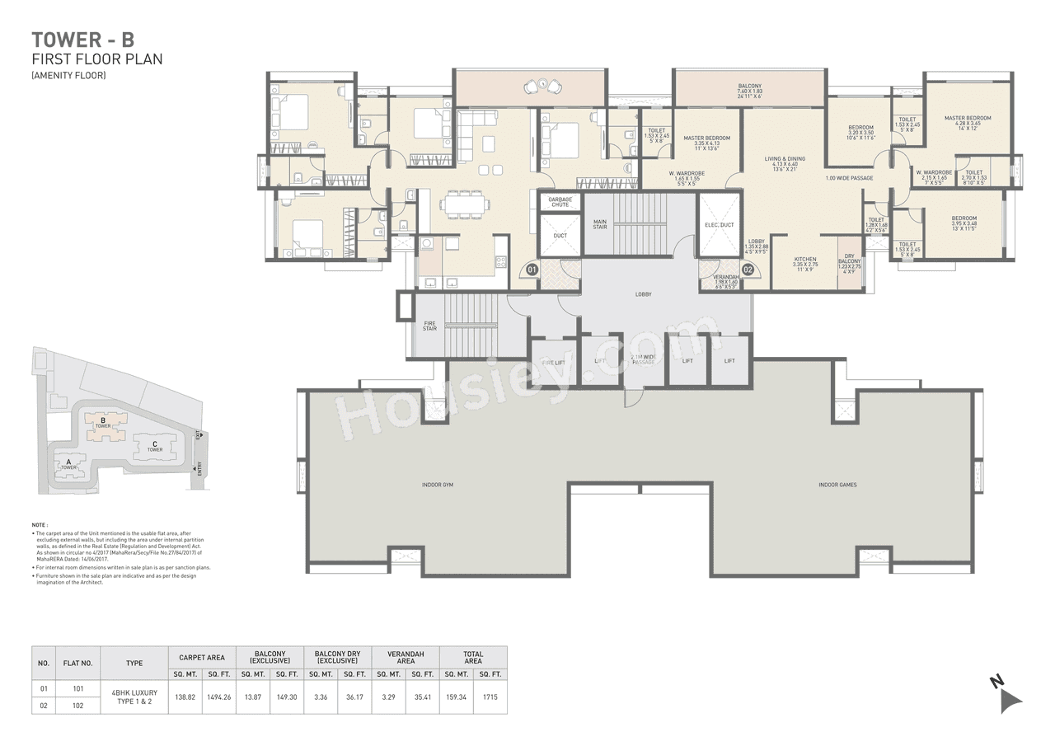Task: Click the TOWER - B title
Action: point(82,40)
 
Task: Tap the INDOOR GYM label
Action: point(437,485)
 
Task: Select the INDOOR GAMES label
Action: point(837,485)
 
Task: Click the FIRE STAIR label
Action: point(429,326)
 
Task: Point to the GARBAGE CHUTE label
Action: point(560,201)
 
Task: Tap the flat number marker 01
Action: point(532,269)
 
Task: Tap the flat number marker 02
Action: point(748,269)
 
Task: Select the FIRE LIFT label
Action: point(553,363)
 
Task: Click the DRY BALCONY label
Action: point(849,262)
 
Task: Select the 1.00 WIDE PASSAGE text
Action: point(849,178)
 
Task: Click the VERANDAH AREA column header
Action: point(406,656)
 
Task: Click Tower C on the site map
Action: point(154,448)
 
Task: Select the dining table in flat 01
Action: point(462,203)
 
